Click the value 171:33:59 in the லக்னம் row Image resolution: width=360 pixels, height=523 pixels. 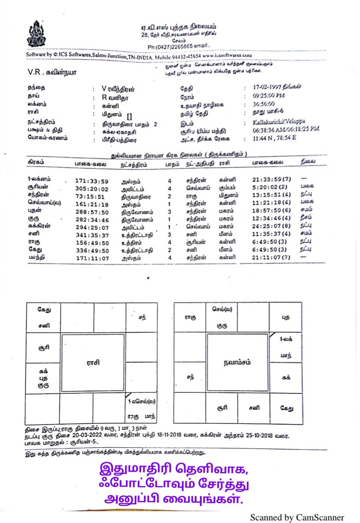pyautogui.click(x=91, y=181)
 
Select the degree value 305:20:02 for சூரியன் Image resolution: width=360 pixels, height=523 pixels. pyautogui.click(x=91, y=189)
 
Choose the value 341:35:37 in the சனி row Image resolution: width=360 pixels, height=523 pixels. pyautogui.click(x=91, y=235)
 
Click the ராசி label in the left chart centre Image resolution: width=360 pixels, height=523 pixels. pyautogui.click(x=92, y=363)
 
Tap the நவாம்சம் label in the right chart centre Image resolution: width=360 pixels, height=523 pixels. pyautogui.click(x=237, y=363)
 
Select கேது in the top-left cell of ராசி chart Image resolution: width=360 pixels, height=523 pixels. pyautogui.click(x=44, y=310)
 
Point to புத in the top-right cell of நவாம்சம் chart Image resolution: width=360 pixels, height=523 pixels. pyautogui.click(x=287, y=316)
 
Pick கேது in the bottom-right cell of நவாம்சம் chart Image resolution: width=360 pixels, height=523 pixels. pyautogui.click(x=287, y=408)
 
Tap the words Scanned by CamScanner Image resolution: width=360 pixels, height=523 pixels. pyautogui.click(x=297, y=517)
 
